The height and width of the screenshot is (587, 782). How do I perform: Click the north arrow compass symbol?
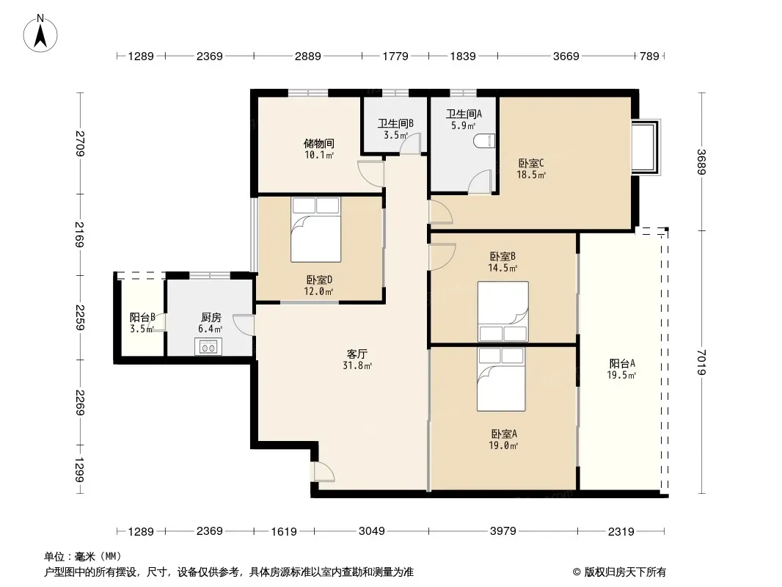coord(40,34)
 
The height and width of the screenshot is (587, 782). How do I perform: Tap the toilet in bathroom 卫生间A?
coord(485,141)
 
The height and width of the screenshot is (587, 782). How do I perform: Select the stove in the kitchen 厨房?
coord(208,346)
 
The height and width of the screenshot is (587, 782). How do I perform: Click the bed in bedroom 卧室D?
coord(315,230)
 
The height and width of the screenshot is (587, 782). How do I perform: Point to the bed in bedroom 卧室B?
coord(503,312)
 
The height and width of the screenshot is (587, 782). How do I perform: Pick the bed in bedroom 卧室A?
coord(501,379)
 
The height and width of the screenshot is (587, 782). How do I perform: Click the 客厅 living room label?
coord(357,354)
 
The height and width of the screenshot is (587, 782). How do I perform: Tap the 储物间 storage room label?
coord(319,144)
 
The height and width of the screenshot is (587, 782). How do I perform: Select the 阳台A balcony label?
coord(622,363)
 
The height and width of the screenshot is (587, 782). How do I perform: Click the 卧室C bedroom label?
coord(531,163)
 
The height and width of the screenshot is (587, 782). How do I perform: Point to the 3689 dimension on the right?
coord(701,162)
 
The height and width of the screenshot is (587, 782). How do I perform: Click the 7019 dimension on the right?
coord(701,362)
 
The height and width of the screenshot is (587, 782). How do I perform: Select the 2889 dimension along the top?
coord(307,56)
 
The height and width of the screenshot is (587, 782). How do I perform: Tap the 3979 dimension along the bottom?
coord(503,531)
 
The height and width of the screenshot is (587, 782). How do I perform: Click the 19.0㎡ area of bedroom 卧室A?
coord(503,446)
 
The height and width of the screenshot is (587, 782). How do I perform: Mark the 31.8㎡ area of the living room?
coord(357,365)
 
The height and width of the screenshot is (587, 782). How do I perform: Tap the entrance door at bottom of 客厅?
coord(323,472)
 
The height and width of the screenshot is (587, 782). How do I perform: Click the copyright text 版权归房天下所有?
coord(625,572)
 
